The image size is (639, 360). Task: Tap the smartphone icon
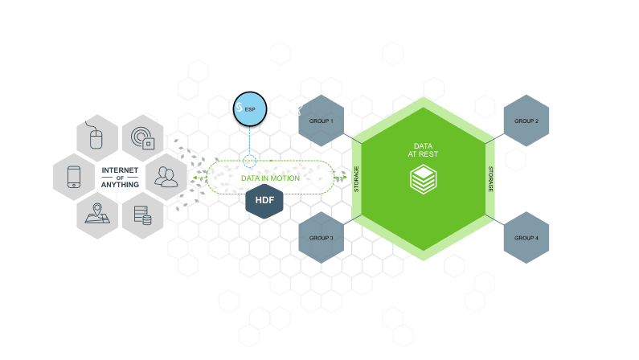pyautogui.click(x=74, y=176)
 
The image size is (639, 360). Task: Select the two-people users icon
pyautogui.click(x=166, y=176)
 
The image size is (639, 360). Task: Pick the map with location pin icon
pyautogui.click(x=98, y=213)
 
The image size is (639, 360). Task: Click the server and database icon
pyautogui.click(x=142, y=214)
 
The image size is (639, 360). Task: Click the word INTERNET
pyautogui.click(x=121, y=170)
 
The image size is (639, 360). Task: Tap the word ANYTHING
pyautogui.click(x=121, y=185)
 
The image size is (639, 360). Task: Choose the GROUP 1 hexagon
pyautogui.click(x=322, y=121)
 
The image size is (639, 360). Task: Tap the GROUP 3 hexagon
pyautogui.click(x=322, y=239)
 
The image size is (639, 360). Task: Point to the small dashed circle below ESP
pyautogui.click(x=251, y=163)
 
